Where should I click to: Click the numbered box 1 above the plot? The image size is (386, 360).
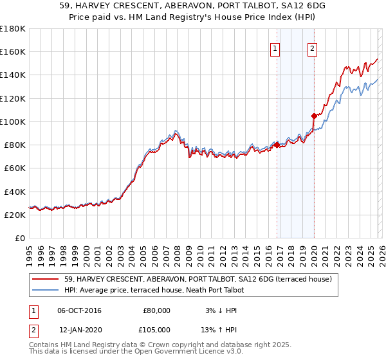point(275,48)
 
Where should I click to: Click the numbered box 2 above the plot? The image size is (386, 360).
point(312,48)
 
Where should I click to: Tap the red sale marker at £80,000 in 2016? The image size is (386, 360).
point(277,145)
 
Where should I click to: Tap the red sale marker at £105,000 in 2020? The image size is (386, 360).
point(314,116)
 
